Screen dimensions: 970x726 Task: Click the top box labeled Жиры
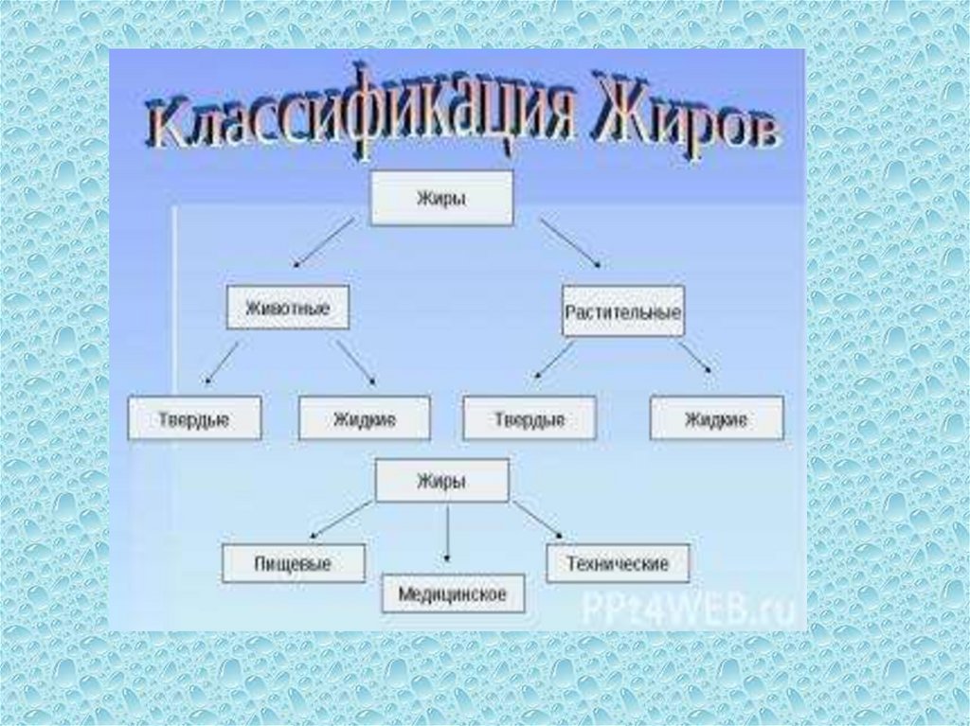[x=441, y=198]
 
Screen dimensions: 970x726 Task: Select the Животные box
[x=288, y=307]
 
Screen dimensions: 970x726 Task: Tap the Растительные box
[x=622, y=310]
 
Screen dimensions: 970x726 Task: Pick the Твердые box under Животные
[x=194, y=418]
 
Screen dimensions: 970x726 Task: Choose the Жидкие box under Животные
[x=364, y=418]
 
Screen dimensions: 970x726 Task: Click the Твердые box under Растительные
[x=530, y=418]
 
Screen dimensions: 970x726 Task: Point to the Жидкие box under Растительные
[x=716, y=418]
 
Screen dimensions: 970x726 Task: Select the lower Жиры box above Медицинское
[x=441, y=480]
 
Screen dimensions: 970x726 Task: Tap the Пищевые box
[x=293, y=564]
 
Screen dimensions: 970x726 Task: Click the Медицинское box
[x=453, y=593]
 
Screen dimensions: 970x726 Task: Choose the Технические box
[x=618, y=564]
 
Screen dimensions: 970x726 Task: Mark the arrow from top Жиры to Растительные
[x=570, y=242]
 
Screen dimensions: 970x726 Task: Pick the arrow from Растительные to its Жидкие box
[x=696, y=359]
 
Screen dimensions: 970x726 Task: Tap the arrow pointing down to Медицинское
[x=447, y=535]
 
